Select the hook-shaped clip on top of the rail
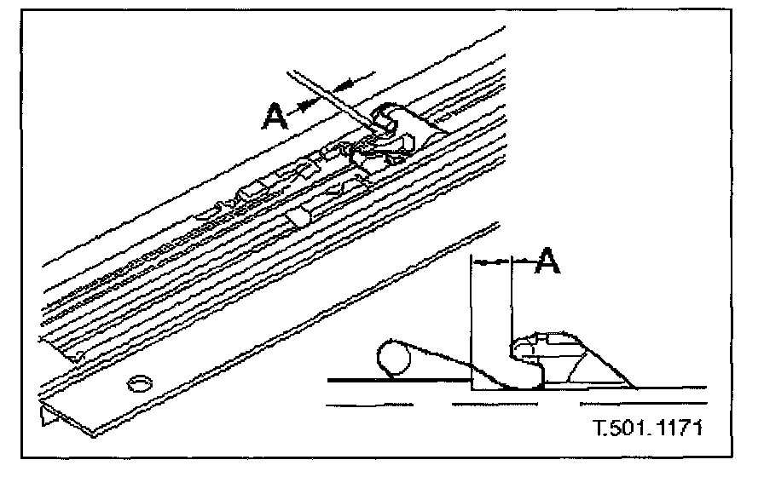tap(401, 124)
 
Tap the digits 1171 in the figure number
tap(677, 424)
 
